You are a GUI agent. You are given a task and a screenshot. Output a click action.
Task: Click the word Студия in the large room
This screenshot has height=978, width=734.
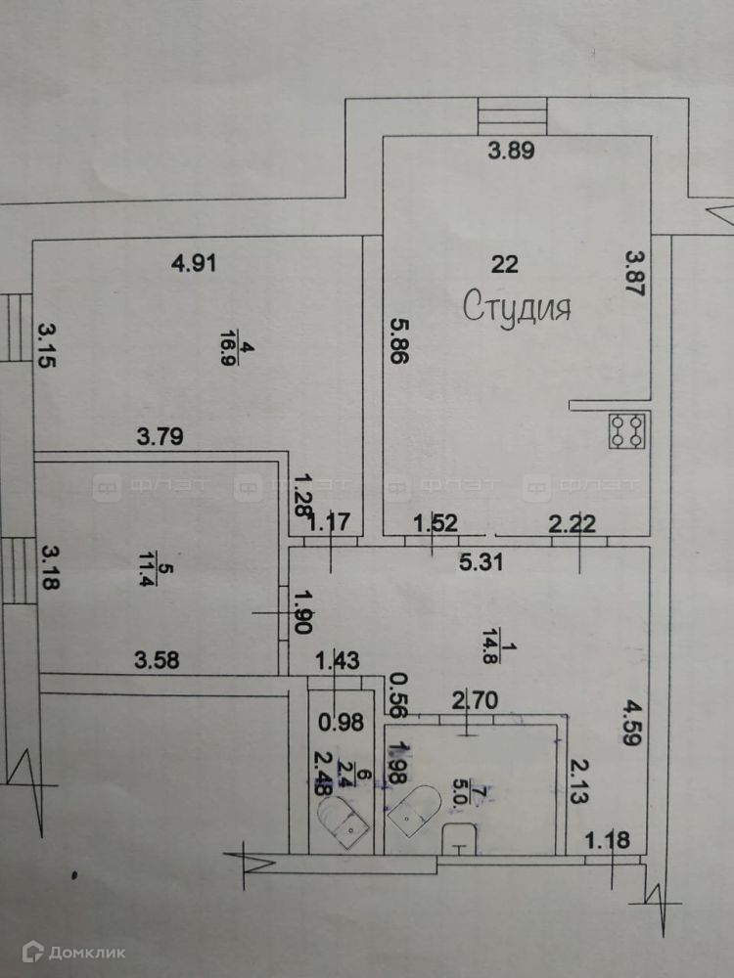517,308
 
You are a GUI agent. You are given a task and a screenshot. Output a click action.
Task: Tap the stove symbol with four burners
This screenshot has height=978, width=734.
627,431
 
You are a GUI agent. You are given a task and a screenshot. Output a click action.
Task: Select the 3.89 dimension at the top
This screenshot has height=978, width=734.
515,151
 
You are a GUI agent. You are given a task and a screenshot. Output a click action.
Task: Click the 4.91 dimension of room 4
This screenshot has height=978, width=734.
193,262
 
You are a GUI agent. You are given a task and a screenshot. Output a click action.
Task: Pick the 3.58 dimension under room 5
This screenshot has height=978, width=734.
158,659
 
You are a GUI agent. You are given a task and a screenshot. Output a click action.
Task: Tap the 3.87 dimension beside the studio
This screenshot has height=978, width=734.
635,276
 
